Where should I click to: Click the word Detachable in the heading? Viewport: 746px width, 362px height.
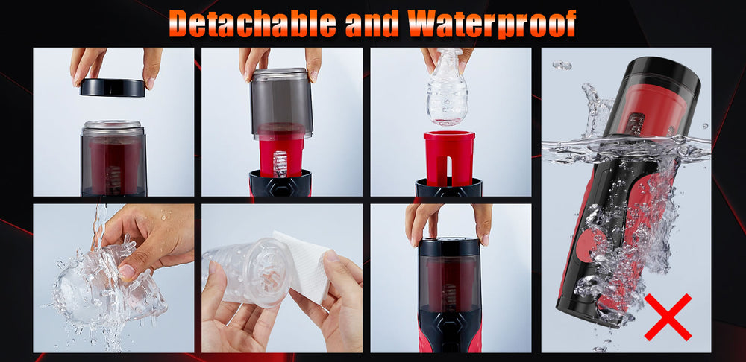tap(253, 23)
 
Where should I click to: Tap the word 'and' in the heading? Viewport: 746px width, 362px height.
tap(371, 23)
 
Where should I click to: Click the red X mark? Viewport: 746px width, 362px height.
tap(668, 317)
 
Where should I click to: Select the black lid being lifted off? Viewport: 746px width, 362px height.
tap(113, 88)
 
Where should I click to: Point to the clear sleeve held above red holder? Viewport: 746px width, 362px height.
tap(446, 87)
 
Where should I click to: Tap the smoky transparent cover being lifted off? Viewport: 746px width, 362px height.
tap(282, 104)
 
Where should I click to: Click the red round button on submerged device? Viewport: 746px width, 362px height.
tap(589, 245)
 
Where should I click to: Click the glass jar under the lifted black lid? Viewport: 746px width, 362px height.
tap(113, 158)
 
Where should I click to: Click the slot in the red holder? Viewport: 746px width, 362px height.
tap(449, 170)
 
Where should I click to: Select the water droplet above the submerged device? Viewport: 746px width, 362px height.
tap(562, 65)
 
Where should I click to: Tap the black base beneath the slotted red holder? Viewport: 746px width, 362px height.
tap(448, 188)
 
